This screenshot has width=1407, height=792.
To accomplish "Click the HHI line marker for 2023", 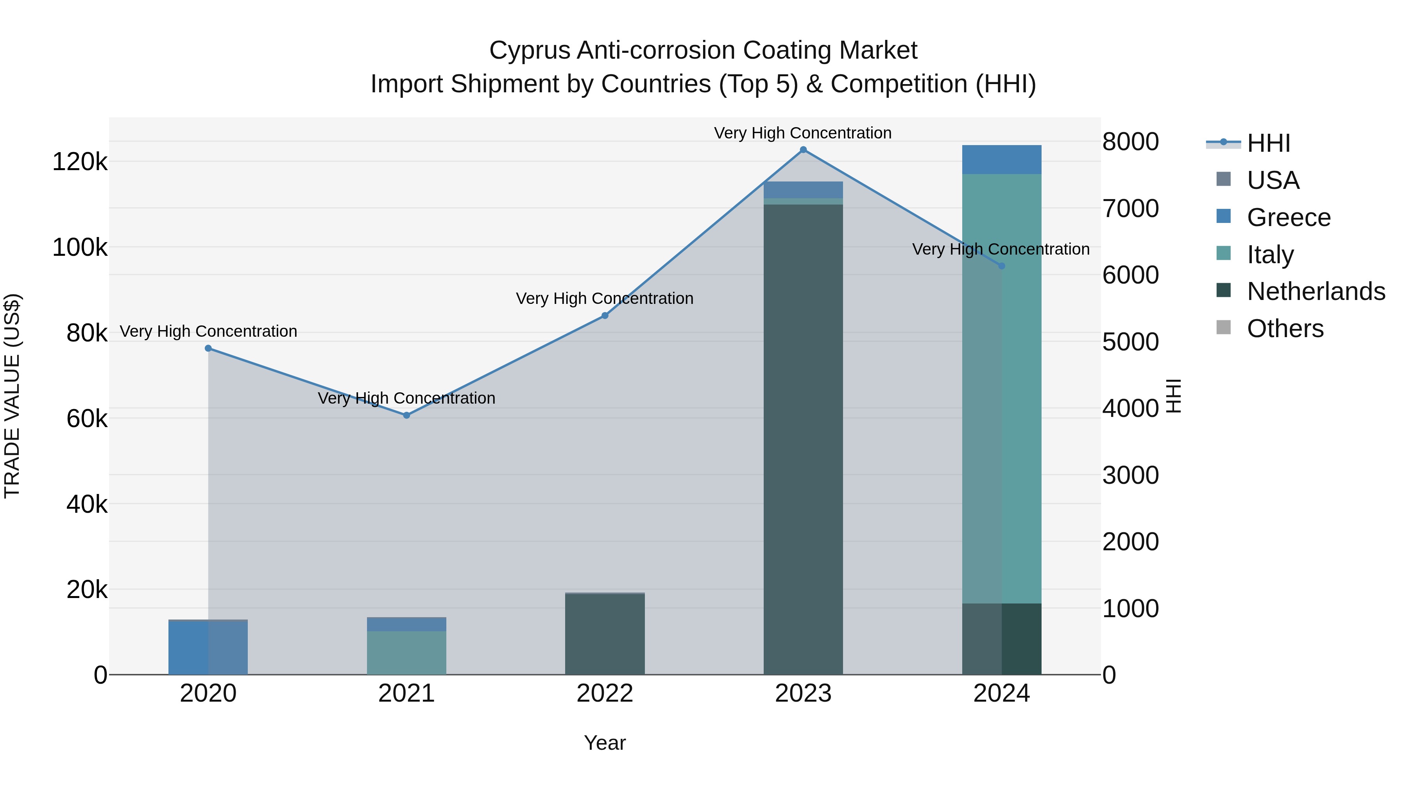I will [803, 150].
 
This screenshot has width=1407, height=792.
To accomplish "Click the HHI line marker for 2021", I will [406, 415].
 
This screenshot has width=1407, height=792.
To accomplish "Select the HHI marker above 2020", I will [208, 348].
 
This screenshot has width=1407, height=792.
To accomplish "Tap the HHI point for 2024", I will [1001, 266].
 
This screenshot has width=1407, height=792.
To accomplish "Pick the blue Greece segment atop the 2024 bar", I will [1001, 160].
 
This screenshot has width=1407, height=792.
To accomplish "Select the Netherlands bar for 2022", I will [605, 634].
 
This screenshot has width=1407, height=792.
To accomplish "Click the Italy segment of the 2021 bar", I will [406, 653].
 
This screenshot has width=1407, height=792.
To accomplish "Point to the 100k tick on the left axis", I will [80, 248].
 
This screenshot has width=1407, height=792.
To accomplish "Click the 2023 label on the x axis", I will [803, 693].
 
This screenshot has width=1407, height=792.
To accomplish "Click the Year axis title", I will [605, 743].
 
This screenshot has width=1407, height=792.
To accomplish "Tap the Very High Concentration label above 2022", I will [605, 298].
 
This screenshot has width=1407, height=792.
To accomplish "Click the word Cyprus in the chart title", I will [529, 50].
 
